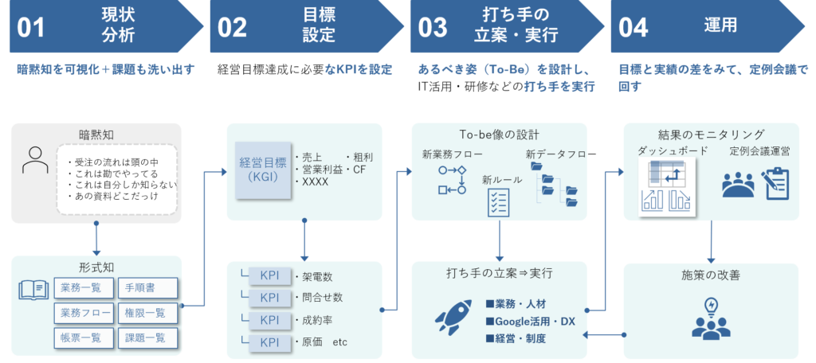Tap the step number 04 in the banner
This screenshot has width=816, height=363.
pos(634,27)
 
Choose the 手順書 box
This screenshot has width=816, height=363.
pos(147,287)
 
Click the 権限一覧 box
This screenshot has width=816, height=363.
pos(147,313)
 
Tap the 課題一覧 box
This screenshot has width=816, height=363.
pos(147,338)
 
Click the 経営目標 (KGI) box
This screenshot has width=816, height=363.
pos(262,170)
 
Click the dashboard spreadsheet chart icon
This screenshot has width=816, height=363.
pos(667,186)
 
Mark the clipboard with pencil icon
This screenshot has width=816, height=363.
pos(774,182)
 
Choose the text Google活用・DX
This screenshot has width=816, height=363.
pos(530,321)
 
